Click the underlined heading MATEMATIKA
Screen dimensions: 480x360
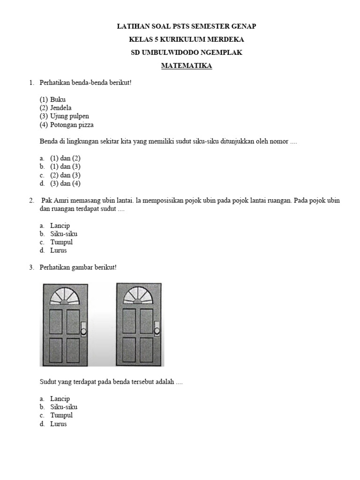[x=187, y=66]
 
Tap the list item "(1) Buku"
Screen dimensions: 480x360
[x=52, y=99]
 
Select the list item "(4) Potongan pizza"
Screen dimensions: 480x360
[x=67, y=125]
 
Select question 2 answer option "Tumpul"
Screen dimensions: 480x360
[x=61, y=242]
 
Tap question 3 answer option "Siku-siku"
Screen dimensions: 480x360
[x=64, y=407]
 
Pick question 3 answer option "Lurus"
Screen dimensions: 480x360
[x=59, y=424]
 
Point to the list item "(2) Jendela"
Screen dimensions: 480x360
[x=56, y=108]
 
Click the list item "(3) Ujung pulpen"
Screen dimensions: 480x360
[x=64, y=116]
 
